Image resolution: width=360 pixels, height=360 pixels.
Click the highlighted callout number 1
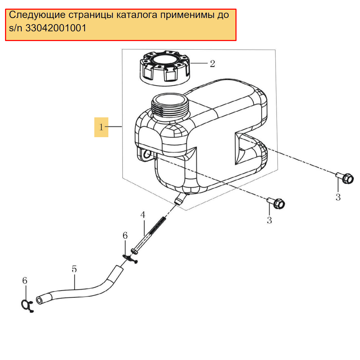pyautogui.click(x=101, y=127)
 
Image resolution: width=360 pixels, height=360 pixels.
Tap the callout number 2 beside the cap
pyautogui.click(x=212, y=64)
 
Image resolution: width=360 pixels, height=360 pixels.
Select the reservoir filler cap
pyautogui.click(x=165, y=68)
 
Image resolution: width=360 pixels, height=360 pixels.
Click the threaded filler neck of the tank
pyautogui.click(x=170, y=105)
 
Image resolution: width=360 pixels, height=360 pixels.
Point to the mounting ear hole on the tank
pyautogui.click(x=147, y=154)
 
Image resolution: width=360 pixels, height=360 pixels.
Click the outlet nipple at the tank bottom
pyautogui.click(x=180, y=199)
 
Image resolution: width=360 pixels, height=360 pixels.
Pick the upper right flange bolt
pyautogui.click(x=345, y=178)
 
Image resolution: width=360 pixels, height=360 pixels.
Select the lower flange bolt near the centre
pyautogui.click(x=276, y=203)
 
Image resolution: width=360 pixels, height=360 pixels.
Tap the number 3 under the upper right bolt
pyautogui.click(x=338, y=197)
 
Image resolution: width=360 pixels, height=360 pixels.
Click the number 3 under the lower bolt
pyautogui.click(x=269, y=220)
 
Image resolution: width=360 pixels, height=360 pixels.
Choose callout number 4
pyautogui.click(x=143, y=215)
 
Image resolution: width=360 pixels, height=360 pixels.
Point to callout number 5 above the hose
pyautogui.click(x=74, y=269)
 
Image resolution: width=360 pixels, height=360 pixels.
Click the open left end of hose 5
pyautogui.click(x=40, y=300)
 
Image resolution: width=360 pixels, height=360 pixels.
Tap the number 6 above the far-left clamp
pyautogui.click(x=25, y=280)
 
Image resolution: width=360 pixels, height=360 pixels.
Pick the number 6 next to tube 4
pyautogui.click(x=125, y=235)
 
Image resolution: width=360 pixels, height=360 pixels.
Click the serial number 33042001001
pyautogui.click(x=56, y=28)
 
